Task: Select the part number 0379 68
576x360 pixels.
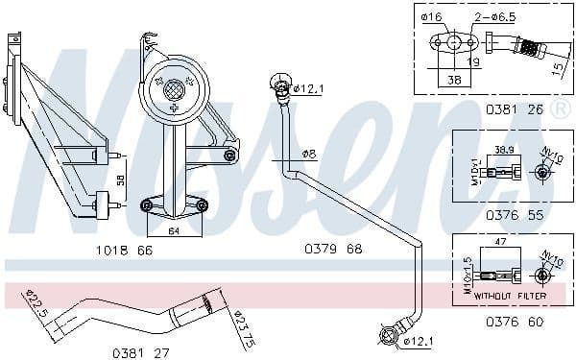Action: [334, 250]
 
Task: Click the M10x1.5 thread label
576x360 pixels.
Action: [468, 276]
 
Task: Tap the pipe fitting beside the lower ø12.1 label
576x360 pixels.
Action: [388, 336]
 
